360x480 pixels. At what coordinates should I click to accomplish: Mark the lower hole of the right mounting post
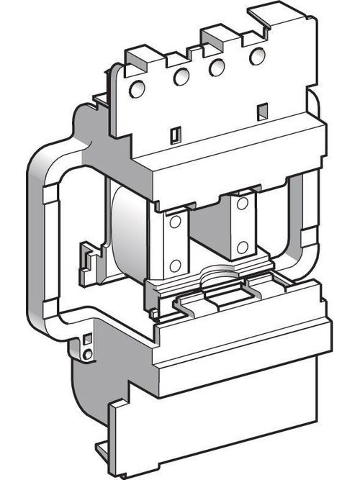click(x=243, y=246)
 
